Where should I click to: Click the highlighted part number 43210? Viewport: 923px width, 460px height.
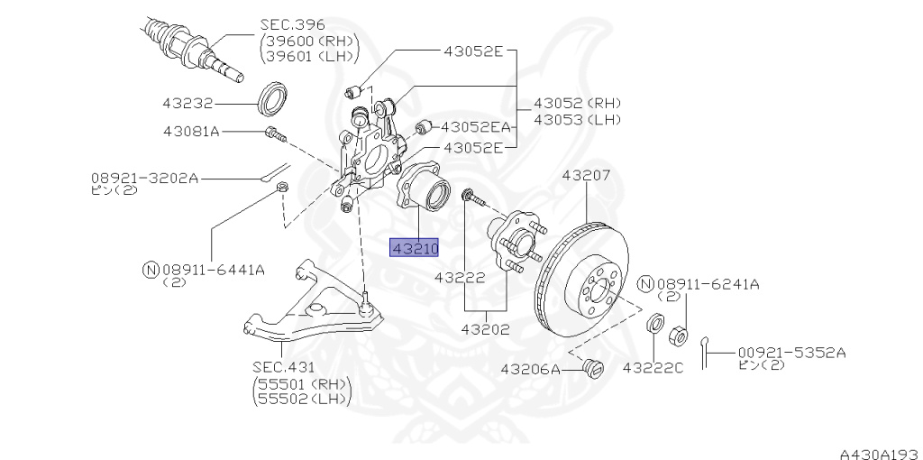click(x=415, y=249)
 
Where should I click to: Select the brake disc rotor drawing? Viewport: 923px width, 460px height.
click(x=581, y=280)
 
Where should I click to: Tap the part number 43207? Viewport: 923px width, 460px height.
click(x=586, y=176)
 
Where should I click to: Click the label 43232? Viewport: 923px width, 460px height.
click(x=187, y=104)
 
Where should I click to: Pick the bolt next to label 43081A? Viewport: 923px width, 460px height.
click(x=276, y=134)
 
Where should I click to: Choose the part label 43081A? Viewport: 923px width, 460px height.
click(x=191, y=131)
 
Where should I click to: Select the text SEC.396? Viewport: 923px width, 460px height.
click(x=293, y=25)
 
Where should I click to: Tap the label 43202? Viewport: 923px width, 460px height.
click(x=486, y=329)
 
